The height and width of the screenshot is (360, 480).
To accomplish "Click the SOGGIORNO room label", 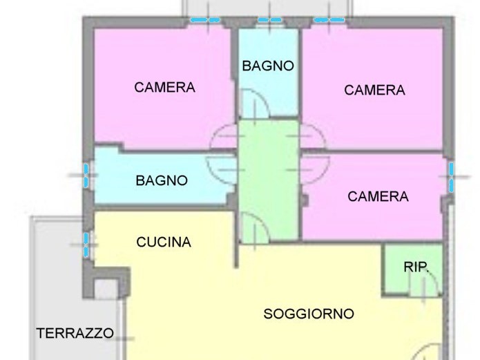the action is point(309,314).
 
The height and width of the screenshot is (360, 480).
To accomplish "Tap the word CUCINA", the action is point(164,242).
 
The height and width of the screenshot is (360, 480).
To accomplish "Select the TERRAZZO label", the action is point(75,333).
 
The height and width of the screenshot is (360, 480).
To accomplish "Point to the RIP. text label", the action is point(415,267).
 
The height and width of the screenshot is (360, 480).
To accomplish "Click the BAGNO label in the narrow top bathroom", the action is point(268,66).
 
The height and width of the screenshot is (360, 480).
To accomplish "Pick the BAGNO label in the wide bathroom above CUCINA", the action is point(162,180).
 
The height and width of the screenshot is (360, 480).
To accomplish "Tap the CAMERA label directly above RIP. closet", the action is point(378,196).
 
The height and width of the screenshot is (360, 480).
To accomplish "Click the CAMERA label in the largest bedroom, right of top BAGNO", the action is point(374,90).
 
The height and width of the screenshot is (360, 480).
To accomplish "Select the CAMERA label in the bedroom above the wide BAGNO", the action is point(164,87).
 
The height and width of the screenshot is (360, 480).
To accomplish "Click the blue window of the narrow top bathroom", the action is point(269,20).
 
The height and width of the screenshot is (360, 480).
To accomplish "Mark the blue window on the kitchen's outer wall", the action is point(86,245).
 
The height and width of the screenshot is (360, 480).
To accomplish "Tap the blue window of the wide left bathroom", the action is point(86,176).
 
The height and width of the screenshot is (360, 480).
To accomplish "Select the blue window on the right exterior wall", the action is point(451,177).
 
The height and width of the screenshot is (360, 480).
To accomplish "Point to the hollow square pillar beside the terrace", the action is point(106,288).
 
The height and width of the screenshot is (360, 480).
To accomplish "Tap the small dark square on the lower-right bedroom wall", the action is point(305,200).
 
